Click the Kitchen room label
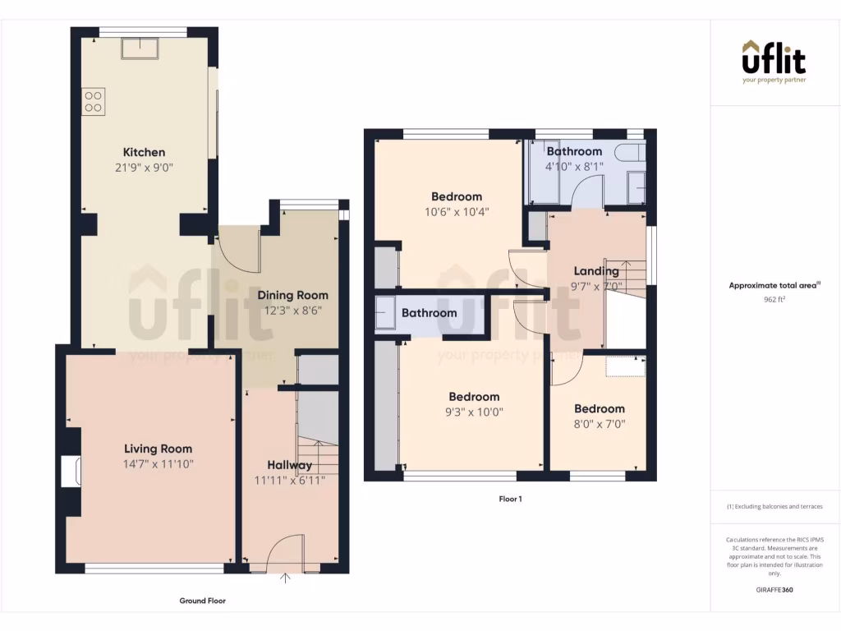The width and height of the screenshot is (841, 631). [144, 152]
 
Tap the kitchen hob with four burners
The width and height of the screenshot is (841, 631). [93, 101]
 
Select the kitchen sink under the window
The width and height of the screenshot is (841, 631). [140, 48]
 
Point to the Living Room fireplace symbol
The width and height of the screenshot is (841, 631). [71, 472]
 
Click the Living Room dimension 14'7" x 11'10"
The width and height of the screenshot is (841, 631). [158, 464]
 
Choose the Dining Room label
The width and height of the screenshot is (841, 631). [292, 295]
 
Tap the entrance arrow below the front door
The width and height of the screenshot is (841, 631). [286, 578]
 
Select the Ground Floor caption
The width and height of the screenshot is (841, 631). [202, 601]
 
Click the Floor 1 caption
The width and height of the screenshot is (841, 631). [510, 499]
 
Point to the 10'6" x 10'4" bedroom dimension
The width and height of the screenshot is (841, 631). [457, 212]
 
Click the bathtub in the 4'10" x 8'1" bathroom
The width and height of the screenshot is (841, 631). [630, 154]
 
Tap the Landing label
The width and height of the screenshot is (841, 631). [596, 271]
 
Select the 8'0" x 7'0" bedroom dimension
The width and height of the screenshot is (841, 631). [599, 424]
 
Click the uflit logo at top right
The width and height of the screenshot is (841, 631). [774, 61]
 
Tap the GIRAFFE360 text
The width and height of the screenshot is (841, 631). [774, 590]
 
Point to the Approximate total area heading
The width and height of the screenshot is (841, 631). [774, 286]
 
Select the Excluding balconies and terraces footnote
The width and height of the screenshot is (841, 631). [774, 507]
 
